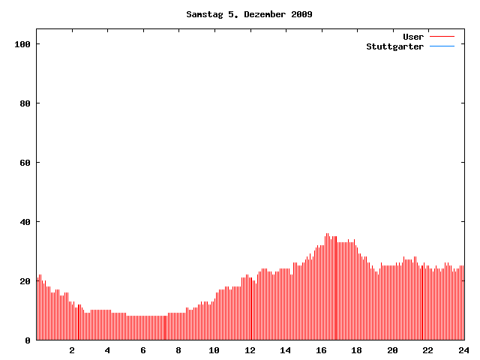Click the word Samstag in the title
tap(204, 14)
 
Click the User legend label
tap(413, 37)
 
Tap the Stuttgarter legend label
tap(394, 46)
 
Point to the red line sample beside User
tap(442, 37)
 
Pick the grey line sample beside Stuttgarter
tap(442, 46)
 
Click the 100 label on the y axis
tap(22, 44)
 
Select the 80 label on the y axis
tap(25, 103)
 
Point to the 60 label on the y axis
tap(25, 163)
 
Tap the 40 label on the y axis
tap(25, 222)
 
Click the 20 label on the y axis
tap(25, 281)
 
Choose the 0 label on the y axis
tap(28, 340)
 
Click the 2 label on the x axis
tap(72, 350)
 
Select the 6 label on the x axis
tap(143, 350)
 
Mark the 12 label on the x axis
tap(250, 350)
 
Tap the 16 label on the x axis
tap(321, 350)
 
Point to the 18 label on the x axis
tap(357, 350)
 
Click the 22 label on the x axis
tap(428, 350)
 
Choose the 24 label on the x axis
tap(463, 350)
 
